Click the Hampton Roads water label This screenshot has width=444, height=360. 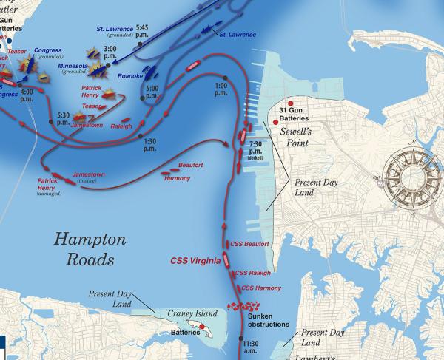(x=85, y=249)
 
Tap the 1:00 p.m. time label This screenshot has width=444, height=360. (x=221, y=89)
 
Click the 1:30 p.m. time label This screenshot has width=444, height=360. (x=149, y=144)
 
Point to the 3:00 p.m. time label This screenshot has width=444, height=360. (x=110, y=52)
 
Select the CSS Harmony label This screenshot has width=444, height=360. (x=258, y=287)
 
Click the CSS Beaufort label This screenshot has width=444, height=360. (x=249, y=243)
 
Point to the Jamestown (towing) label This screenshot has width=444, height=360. (x=88, y=177)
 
